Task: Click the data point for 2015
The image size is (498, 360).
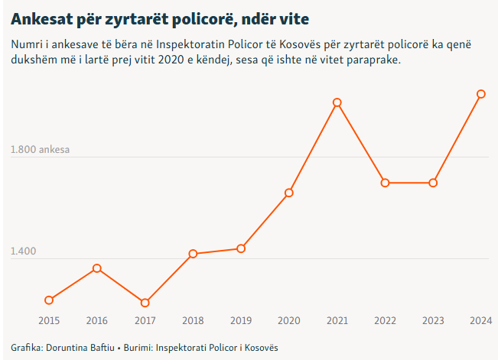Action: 49,300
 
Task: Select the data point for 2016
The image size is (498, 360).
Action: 97,268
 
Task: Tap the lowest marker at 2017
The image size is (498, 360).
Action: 145,303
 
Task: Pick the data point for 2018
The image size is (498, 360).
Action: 193,254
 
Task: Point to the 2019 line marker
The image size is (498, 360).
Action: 241,248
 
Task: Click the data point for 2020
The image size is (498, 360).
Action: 289,193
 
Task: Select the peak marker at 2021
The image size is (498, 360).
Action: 337,102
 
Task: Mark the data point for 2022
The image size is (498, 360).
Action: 385,183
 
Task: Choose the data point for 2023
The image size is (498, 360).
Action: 433,183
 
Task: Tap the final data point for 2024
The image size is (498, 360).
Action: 480,94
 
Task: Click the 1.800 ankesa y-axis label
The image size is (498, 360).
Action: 40,150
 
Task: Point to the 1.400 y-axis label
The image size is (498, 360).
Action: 24,251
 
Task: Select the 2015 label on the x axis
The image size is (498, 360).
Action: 49,320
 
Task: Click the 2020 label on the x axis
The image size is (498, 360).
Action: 289,320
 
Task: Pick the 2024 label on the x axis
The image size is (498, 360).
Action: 480,320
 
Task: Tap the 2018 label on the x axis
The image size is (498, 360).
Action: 193,320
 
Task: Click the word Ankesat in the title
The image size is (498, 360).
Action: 43,16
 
